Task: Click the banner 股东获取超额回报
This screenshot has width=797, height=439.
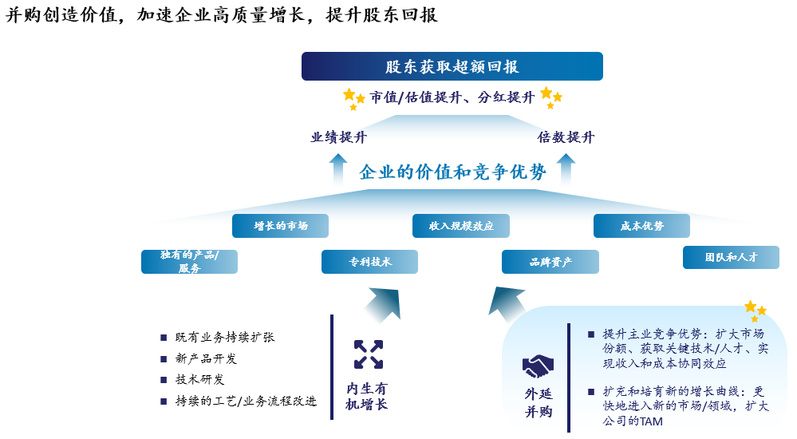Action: [x=452, y=66]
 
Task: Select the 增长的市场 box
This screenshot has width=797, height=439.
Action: [x=280, y=226]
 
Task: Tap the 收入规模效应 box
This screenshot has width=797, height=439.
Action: [x=461, y=226]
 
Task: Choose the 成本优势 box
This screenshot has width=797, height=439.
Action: [x=641, y=226]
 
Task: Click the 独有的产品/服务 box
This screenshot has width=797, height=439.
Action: [x=189, y=262]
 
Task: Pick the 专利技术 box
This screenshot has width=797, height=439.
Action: [x=369, y=262]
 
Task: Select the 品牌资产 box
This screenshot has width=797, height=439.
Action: [x=550, y=262]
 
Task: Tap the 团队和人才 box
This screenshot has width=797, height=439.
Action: [x=731, y=257]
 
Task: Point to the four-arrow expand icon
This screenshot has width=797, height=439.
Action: [x=369, y=354]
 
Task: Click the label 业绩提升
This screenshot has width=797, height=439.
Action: [x=338, y=137]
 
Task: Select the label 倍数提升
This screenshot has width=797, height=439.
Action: [x=566, y=137]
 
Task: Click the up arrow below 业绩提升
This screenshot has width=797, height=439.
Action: [x=338, y=168]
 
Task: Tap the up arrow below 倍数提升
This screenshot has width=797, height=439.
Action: [x=566, y=168]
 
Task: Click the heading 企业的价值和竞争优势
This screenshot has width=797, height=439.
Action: [x=452, y=172]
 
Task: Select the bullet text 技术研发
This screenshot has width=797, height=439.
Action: [x=199, y=379]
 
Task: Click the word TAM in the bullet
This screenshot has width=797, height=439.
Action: [x=651, y=421]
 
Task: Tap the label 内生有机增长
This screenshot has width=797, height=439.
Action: [x=366, y=396]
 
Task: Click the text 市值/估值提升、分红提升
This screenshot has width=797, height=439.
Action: [x=452, y=97]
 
